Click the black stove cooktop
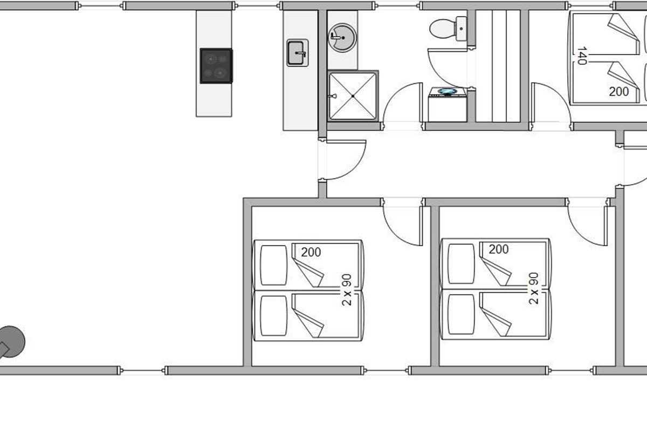pos(216,66)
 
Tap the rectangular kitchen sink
pos(298,53)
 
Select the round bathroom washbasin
pos(342,38)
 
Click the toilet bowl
pos(442,29)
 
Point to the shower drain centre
pos(353,96)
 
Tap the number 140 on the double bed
pos(582,56)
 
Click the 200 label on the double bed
pos(619,92)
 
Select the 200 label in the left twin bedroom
pos(311,252)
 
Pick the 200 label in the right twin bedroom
pos(499,249)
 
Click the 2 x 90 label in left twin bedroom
pos(347,290)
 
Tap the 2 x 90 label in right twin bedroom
pos(534,288)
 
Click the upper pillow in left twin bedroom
pos(273,265)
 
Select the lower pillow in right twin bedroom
pos(461,314)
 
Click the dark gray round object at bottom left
pos(11,342)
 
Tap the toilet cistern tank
pos(461,29)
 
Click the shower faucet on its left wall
pos(332,96)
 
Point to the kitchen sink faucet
pos(301,53)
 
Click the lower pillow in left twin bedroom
pos(273,316)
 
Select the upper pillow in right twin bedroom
pos(461,264)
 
